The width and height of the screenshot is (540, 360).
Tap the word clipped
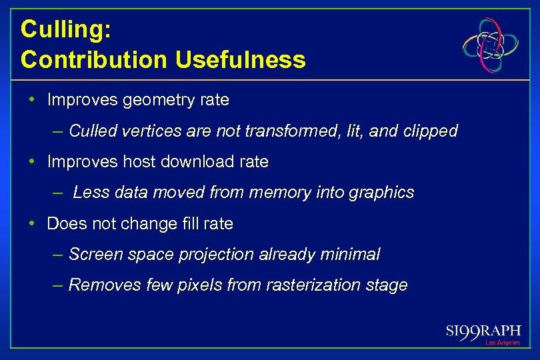(x=431, y=131)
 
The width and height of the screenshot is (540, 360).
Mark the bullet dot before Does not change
(x=32, y=223)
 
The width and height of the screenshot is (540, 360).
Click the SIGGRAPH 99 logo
(x=483, y=331)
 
